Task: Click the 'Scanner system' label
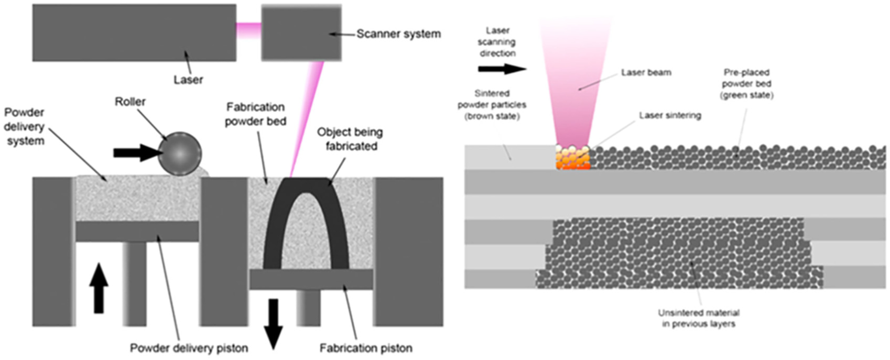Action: tap(398, 34)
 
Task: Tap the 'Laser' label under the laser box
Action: tap(188, 80)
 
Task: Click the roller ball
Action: tap(179, 154)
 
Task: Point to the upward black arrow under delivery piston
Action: tap(99, 289)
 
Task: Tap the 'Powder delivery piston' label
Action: tap(189, 348)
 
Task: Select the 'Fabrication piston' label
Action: tap(366, 348)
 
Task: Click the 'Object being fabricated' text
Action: tap(350, 139)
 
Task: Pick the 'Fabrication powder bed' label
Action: tap(255, 114)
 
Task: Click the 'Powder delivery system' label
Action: tap(25, 126)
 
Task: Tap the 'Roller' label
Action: tap(130, 102)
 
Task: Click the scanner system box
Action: tap(301, 33)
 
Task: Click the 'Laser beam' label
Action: tap(646, 72)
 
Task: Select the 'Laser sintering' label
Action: tap(670, 115)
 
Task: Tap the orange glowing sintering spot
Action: tap(572, 157)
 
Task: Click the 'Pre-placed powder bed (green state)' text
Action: tap(746, 83)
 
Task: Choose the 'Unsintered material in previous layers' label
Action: tap(699, 318)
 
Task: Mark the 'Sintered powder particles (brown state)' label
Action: tap(492, 104)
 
